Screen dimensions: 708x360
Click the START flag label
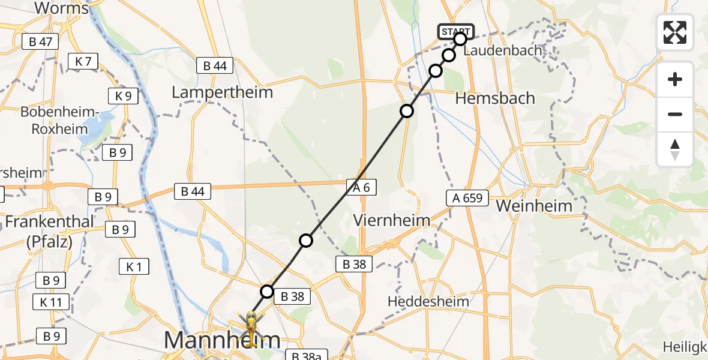pyautogui.click(x=456, y=31)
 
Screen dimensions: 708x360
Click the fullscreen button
pyautogui.click(x=675, y=32)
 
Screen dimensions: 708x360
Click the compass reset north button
pyautogui.click(x=675, y=149)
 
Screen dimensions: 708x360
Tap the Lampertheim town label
pyautogui.click(x=222, y=92)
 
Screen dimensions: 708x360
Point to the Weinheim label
pyautogui.click(x=535, y=206)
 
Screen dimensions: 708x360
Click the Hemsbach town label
pyautogui.click(x=495, y=98)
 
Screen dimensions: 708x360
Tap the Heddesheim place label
pyautogui.click(x=428, y=301)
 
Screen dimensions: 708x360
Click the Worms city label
pyautogui.click(x=62, y=8)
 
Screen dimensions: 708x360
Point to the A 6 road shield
pyautogui.click(x=361, y=188)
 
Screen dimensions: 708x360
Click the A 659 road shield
pyautogui.click(x=467, y=198)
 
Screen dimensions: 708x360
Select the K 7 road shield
pyautogui.click(x=83, y=61)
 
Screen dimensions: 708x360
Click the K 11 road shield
pyautogui.click(x=52, y=302)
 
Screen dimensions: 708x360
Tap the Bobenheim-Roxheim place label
pyautogui.click(x=59, y=120)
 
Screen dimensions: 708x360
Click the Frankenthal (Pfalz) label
pyautogui.click(x=50, y=231)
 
